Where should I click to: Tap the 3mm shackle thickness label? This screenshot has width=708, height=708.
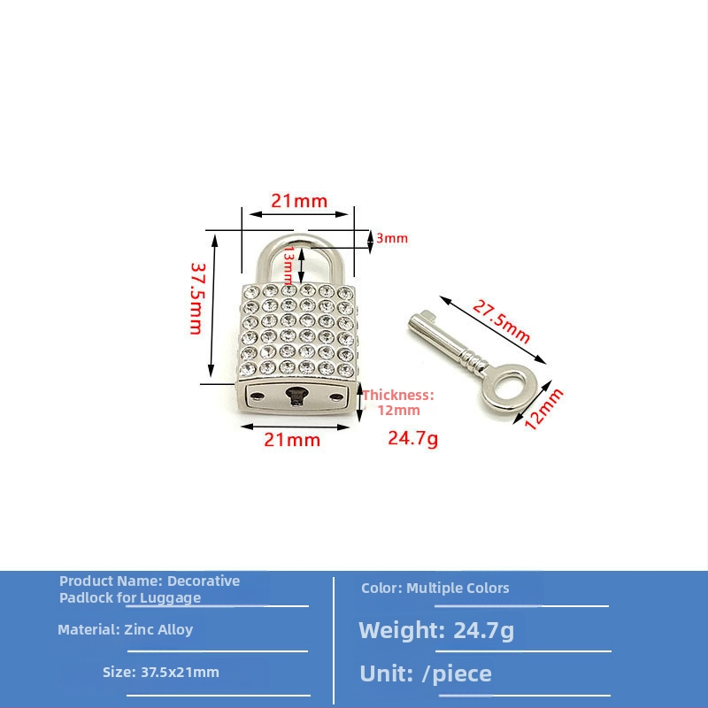coord(392,238)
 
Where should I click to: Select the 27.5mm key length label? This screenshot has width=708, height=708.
coord(501,321)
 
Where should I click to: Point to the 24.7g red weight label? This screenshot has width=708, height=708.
coord(412,438)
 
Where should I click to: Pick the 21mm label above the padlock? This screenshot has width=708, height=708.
coord(299,201)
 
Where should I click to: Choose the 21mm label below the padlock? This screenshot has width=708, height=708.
coord(292,439)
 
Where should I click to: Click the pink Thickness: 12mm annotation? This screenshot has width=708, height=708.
coord(398,403)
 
